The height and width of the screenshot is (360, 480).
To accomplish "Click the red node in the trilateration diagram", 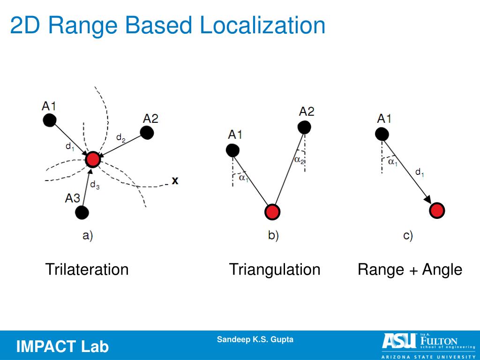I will [x=93, y=159].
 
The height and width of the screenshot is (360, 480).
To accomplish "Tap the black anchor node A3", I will [x=82, y=212].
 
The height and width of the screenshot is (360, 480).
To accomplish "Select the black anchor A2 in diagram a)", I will [x=147, y=133].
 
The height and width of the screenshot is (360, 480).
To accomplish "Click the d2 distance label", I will [x=120, y=138].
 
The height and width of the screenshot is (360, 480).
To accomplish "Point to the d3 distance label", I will [x=94, y=185].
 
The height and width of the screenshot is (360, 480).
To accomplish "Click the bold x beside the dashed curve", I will [x=175, y=180].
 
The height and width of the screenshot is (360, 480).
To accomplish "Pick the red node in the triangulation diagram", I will [x=272, y=212].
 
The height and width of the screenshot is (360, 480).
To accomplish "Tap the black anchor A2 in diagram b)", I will [x=304, y=127].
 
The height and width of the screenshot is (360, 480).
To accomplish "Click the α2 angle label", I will [x=300, y=160].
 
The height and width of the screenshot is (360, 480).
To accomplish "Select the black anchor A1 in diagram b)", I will [x=232, y=150].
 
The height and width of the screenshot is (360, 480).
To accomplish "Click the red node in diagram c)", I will [x=437, y=210].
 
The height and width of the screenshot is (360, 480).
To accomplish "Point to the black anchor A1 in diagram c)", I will [x=382, y=134].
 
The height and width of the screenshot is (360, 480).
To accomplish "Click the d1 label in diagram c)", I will [x=420, y=172].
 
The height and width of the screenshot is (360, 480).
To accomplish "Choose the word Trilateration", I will [x=87, y=270].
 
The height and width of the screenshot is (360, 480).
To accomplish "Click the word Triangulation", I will [x=275, y=270].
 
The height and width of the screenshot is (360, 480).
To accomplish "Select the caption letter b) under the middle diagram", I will [x=273, y=235].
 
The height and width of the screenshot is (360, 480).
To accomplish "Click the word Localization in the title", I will [x=262, y=26].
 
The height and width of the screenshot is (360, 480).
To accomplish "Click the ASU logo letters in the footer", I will [x=399, y=341].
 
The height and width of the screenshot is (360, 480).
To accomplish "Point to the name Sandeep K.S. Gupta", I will [x=255, y=339].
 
